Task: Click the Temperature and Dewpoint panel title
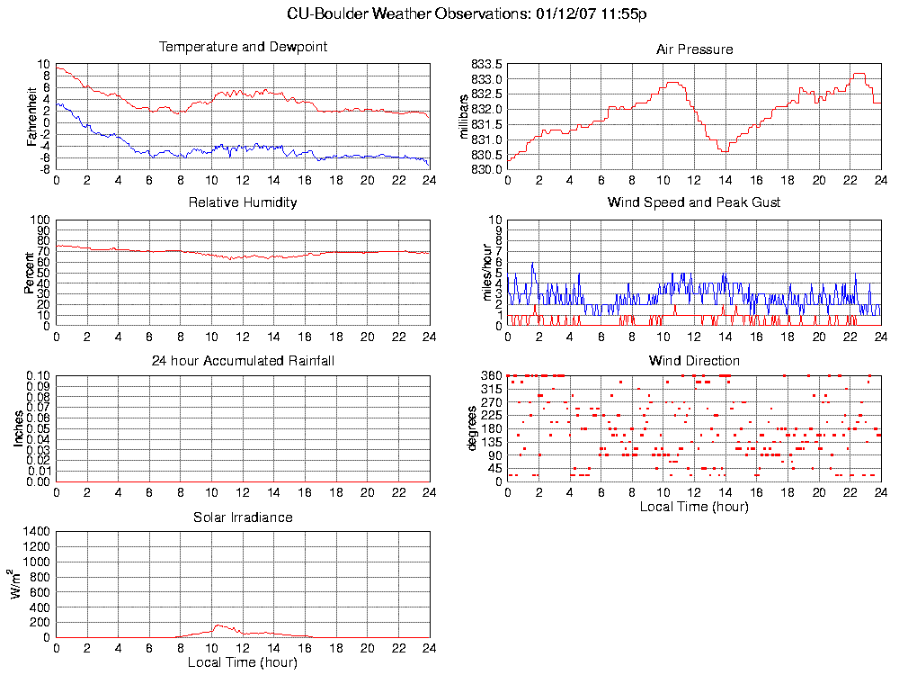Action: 243,47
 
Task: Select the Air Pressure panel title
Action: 694,49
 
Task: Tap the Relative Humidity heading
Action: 243,202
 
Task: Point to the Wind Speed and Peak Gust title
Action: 694,202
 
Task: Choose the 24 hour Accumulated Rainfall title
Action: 243,361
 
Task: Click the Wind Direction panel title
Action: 694,361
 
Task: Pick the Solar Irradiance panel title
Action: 243,517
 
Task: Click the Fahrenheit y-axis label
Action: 32,116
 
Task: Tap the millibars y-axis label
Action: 465,116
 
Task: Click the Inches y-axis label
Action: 18,428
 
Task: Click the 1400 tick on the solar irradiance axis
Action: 36,532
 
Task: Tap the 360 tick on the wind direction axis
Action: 491,375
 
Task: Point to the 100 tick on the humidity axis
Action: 40,220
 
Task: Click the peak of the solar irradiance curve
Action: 218,625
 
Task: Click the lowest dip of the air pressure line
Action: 724,151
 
